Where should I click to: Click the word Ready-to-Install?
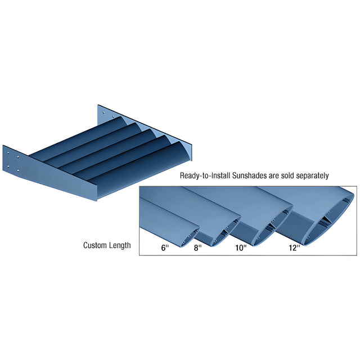pos(205,175)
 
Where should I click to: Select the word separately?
pos(312,176)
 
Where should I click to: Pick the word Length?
pos(120,246)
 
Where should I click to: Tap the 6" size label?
pos(165,248)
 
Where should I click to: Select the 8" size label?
pos(197,248)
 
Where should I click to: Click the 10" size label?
pos(241,248)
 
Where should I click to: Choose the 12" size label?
pos(294,248)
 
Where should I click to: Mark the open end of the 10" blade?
pos(273,226)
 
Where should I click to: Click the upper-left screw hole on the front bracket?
pos(8,152)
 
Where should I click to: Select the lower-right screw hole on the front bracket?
pos(18,171)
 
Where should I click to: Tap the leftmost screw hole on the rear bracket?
pos(103,112)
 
